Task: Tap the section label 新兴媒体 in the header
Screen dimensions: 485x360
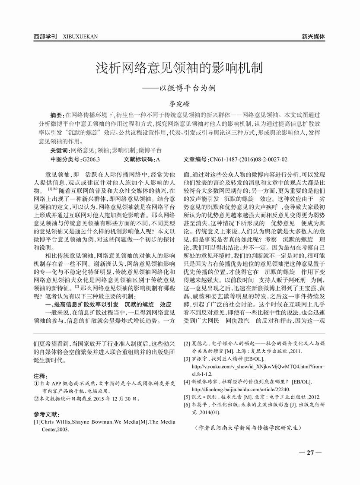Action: [x=313, y=36]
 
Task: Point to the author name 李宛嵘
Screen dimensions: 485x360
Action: [x=179, y=104]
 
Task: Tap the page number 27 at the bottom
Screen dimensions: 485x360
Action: [x=310, y=453]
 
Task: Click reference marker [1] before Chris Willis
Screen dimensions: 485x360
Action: [x=37, y=422]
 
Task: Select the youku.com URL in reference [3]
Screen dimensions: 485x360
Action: [x=258, y=366]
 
